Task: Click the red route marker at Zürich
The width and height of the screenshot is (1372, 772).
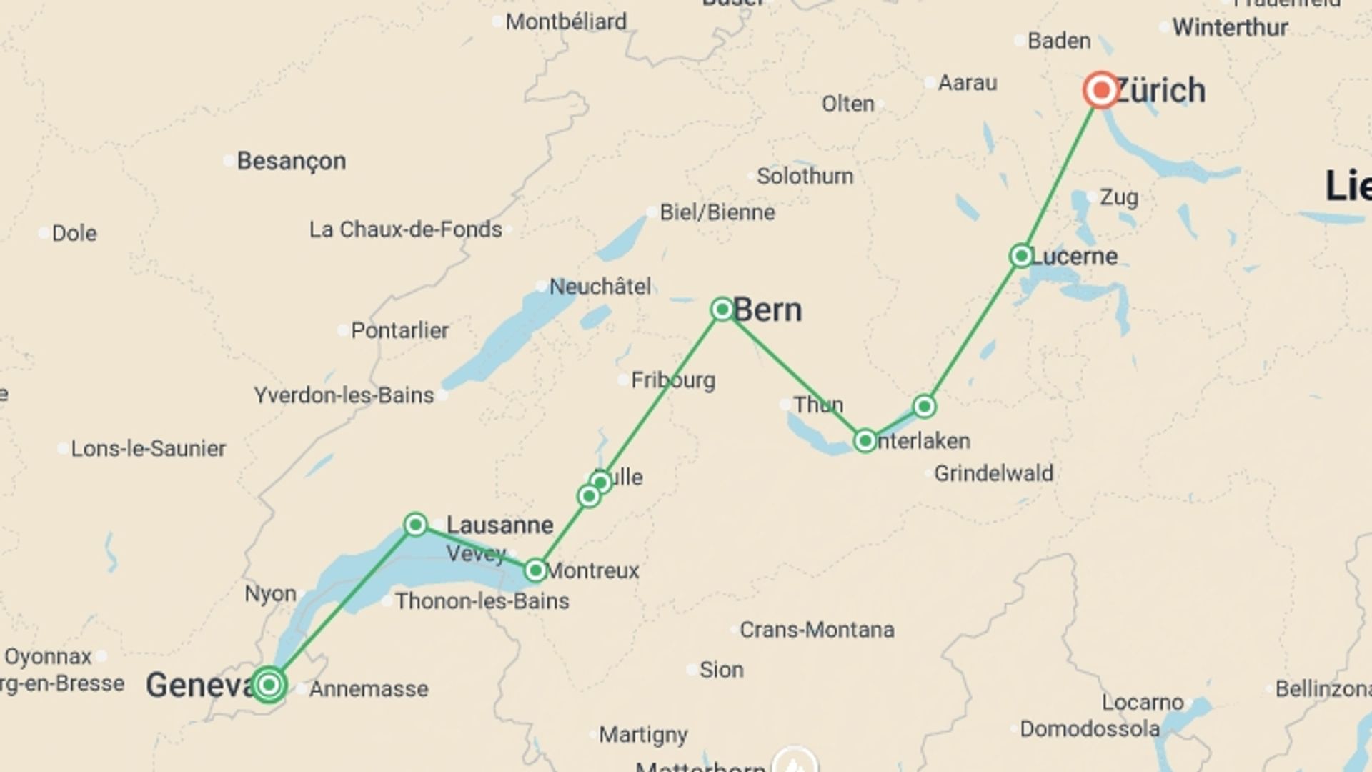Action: coord(1100,90)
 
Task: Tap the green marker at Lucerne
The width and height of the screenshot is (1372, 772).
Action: coord(1021,256)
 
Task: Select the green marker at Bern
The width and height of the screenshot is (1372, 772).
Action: coord(722,309)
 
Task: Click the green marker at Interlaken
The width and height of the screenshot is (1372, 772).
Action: coord(865,441)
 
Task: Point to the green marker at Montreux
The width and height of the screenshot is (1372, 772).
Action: coord(535,570)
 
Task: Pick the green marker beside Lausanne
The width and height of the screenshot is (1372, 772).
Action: coord(416,525)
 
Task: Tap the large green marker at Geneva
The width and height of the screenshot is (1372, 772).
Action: coord(269,685)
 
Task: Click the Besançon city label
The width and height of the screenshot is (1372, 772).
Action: coord(292,161)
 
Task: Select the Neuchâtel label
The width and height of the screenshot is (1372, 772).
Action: coord(600,287)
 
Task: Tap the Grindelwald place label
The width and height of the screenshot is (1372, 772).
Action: coord(993,473)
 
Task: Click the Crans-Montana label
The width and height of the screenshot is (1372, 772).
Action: coord(817,630)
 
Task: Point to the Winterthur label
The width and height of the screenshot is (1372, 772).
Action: coord(1230,28)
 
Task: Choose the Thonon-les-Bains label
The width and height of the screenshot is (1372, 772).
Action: coord(482,601)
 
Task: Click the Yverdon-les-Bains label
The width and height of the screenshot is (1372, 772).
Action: coord(344,395)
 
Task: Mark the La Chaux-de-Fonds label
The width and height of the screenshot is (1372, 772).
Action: coord(405,229)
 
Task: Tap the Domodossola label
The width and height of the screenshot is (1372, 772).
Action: coord(1089,729)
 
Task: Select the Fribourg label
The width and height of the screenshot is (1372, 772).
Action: coord(672,380)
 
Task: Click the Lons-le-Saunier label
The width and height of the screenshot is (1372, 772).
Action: coord(148,449)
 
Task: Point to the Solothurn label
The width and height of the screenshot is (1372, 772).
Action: coord(805,176)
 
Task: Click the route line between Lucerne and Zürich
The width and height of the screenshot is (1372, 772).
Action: coord(1061,173)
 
